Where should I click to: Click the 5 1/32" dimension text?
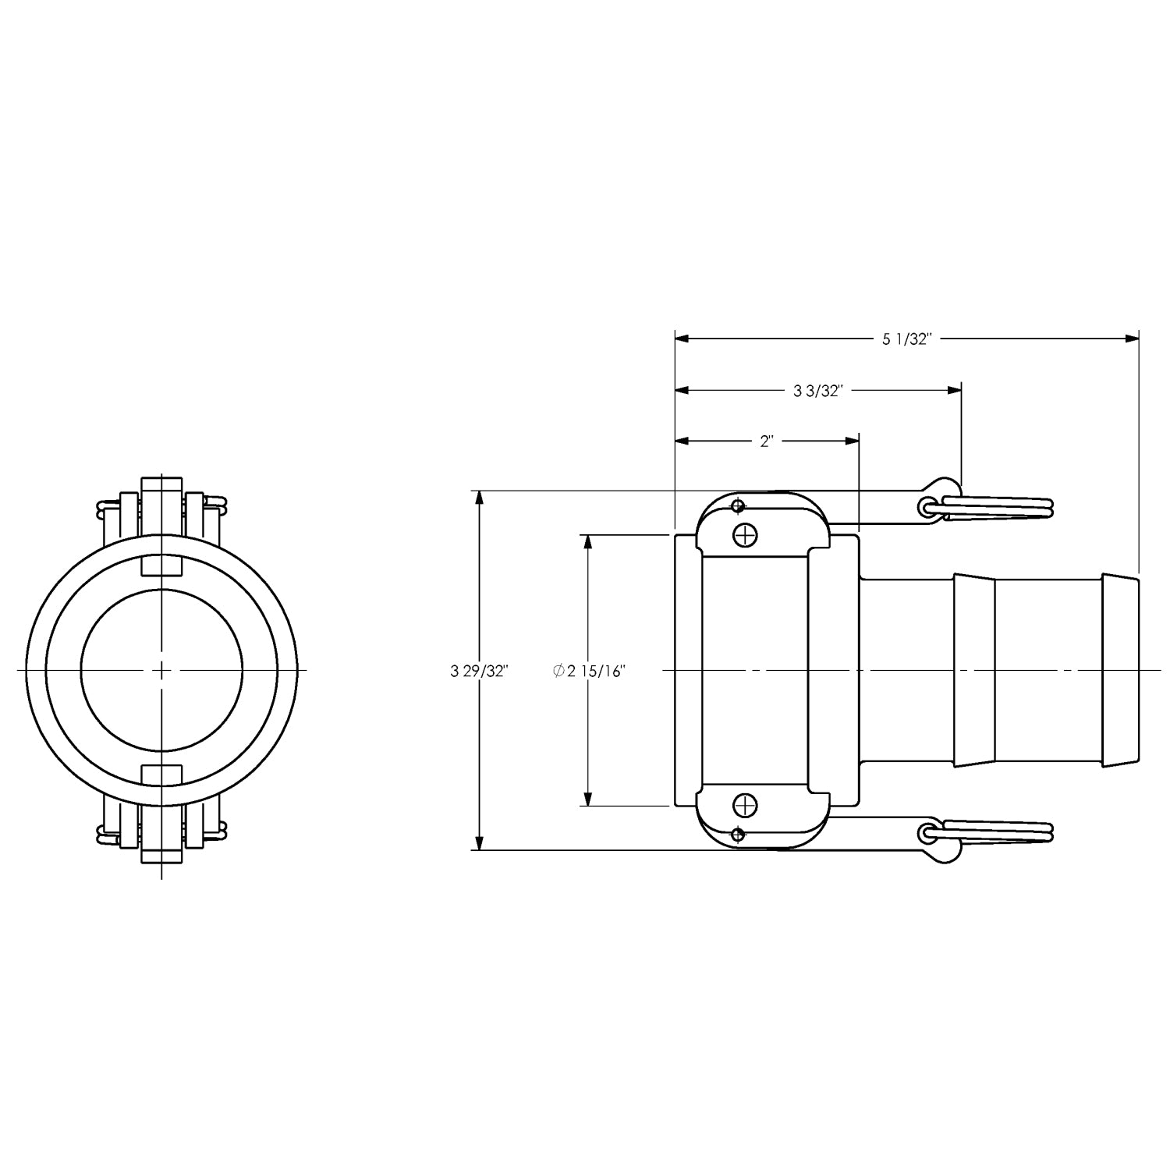coord(907,339)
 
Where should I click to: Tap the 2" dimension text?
coord(767,441)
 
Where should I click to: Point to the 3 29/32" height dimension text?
coord(480,671)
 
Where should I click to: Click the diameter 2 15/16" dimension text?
coord(590,671)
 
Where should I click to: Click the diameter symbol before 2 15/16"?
coord(558,671)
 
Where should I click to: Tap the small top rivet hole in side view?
coord(737,506)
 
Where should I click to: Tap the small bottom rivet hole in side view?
coord(737,835)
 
